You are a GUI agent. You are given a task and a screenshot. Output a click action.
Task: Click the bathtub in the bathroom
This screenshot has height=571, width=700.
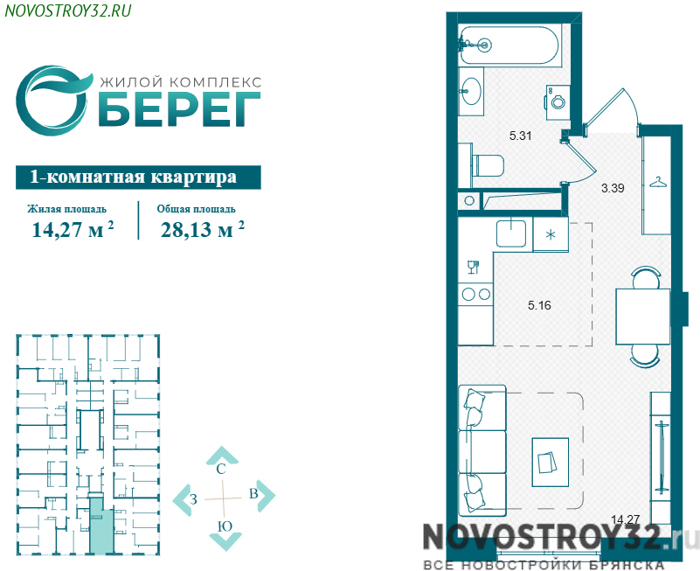pos(509,45)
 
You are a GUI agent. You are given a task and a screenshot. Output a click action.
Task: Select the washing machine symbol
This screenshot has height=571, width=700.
pos(558,101)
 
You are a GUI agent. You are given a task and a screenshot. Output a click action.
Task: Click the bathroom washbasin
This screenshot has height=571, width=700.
pos(471,91)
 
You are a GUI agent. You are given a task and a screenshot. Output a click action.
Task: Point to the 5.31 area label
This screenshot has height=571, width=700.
pos(520,136)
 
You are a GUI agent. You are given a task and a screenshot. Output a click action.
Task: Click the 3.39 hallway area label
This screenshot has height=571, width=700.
pos(613,188)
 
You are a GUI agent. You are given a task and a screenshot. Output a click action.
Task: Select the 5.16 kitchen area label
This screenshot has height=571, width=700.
pos(539,305)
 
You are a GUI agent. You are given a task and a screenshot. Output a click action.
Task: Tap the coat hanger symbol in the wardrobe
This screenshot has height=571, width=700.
pos(657,183)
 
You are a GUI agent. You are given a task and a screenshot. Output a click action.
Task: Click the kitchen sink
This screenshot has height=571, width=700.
pos(511,233)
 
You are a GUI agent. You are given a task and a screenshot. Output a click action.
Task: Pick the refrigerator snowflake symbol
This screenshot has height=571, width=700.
pos(551,234)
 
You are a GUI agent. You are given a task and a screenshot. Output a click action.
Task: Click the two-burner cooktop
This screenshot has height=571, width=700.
pos(476,294)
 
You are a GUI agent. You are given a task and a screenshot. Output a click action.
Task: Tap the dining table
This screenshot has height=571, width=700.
pos(643,317)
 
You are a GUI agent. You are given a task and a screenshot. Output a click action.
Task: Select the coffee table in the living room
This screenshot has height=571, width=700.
pos(551,463)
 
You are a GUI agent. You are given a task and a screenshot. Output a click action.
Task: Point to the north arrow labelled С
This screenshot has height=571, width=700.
pos(221,459)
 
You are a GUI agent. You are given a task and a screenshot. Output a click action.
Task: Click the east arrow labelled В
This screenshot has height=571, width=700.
pos(261,495)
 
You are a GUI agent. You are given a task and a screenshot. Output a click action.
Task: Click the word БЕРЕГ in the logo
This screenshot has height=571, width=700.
pos(178,108)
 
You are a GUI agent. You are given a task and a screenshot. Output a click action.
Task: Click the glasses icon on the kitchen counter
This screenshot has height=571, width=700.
pos(473,268)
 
